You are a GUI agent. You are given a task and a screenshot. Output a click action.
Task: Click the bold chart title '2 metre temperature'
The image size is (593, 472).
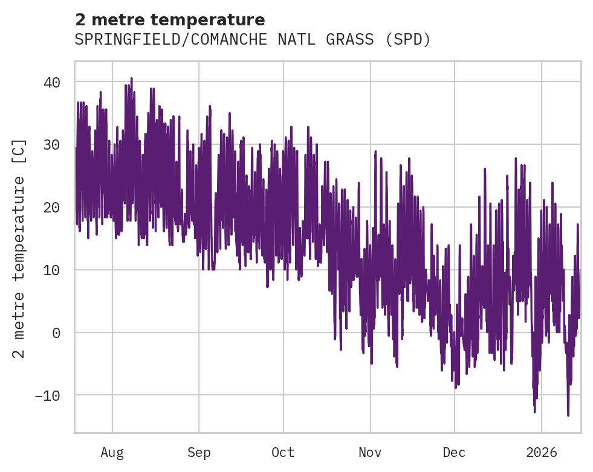(170, 20)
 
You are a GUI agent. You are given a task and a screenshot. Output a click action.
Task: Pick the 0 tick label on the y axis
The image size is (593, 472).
(56, 333)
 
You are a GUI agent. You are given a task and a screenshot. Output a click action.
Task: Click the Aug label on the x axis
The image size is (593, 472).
(112, 452)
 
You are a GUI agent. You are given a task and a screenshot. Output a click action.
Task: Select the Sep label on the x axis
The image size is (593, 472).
(199, 452)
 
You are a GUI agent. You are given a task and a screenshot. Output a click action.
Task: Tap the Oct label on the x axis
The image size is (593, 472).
(283, 452)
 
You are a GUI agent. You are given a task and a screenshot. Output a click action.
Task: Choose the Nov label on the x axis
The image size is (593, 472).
(371, 452)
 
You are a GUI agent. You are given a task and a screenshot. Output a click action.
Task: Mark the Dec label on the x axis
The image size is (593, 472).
(454, 452)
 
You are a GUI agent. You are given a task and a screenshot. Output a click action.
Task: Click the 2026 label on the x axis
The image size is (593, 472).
(542, 452)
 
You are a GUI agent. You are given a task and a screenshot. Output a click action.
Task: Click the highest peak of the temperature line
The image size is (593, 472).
(131, 78)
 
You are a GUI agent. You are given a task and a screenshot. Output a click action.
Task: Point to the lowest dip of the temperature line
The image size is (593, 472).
(568, 415)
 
